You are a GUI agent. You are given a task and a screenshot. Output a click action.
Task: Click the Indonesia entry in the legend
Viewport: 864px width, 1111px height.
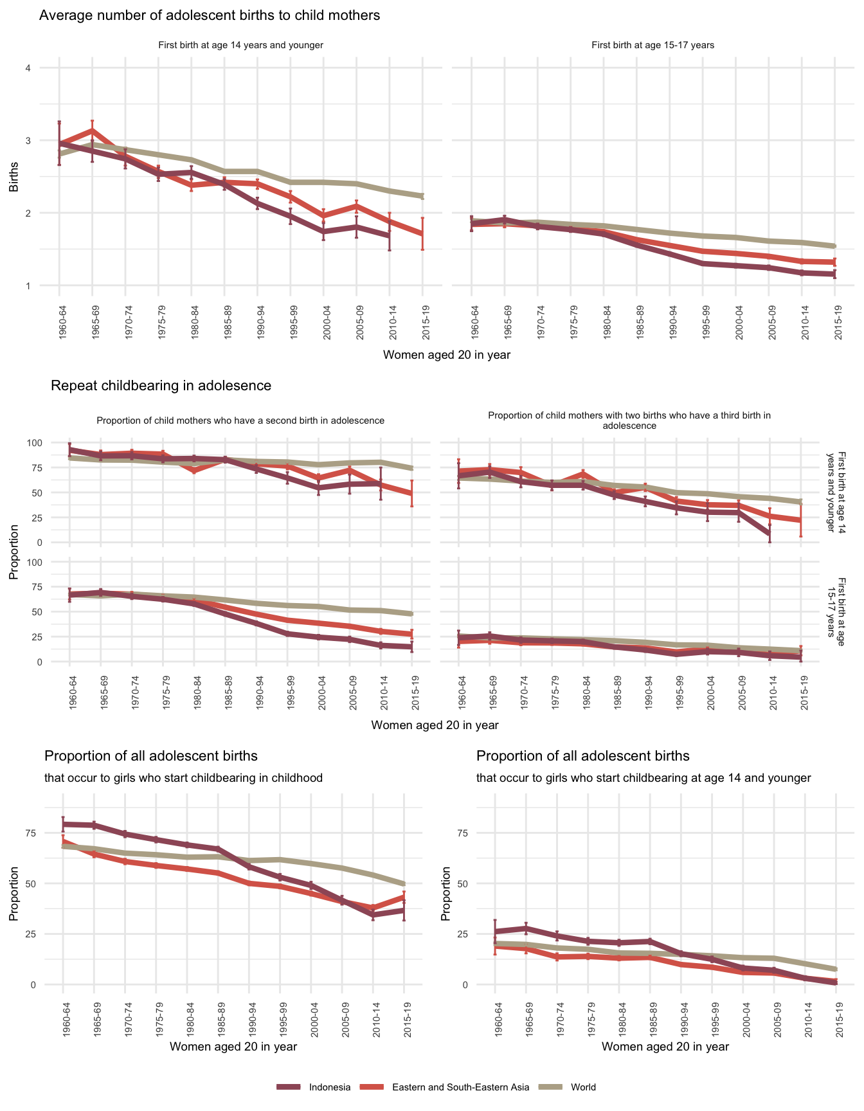coord(329,1087)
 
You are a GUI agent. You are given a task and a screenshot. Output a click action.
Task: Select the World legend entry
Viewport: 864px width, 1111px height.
coord(583,1087)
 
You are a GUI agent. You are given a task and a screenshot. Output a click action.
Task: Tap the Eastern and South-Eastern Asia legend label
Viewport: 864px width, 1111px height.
coord(460,1087)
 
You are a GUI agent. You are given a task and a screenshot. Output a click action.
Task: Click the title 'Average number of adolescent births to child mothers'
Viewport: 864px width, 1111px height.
coord(210,15)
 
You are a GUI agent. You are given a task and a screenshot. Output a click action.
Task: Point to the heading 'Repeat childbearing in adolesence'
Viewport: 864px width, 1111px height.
coord(161,386)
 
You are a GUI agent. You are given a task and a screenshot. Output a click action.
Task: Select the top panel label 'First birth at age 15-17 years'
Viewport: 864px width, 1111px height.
coord(652,45)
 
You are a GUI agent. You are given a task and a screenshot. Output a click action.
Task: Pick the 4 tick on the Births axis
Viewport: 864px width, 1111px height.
coord(28,68)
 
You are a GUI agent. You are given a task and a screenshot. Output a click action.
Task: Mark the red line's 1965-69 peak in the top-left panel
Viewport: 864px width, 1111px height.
coord(92,131)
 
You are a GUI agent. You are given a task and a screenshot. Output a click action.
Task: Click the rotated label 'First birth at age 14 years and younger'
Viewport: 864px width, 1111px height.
coord(838,492)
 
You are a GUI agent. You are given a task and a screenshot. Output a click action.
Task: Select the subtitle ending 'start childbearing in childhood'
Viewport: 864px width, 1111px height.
coord(183,778)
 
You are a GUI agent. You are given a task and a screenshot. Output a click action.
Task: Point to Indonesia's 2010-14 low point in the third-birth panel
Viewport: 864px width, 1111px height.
coord(770,534)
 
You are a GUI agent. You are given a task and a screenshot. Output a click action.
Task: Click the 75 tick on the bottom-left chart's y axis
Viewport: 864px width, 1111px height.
coord(31,833)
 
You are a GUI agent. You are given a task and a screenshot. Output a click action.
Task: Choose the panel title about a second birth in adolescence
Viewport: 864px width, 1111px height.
coord(240,420)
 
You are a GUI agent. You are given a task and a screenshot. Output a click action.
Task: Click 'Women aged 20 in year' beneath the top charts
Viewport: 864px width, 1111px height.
coord(446,355)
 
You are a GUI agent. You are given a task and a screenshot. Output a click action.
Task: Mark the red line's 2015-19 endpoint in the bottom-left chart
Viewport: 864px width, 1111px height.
coord(404,896)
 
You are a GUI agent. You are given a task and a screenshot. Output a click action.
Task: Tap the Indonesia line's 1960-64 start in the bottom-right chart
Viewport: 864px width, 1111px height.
coord(495,932)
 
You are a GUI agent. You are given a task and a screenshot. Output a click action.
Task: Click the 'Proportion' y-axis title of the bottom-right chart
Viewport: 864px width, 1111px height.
coord(446,894)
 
